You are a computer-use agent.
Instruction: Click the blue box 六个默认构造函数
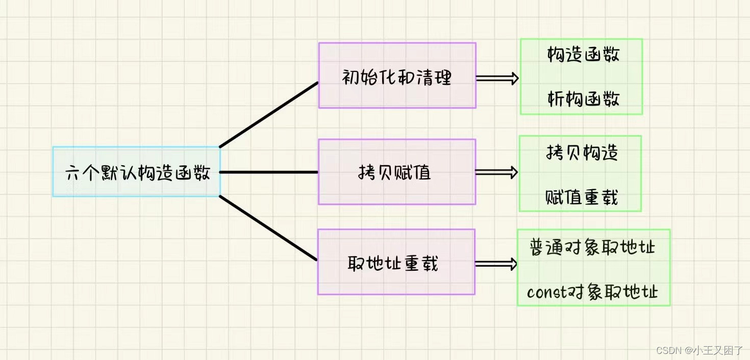click(137, 172)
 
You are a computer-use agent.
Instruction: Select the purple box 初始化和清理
click(397, 75)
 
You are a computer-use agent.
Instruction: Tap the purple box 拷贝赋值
click(396, 172)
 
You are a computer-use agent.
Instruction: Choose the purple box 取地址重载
click(396, 262)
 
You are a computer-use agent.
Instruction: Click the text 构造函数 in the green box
click(583, 55)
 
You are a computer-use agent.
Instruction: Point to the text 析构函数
click(583, 99)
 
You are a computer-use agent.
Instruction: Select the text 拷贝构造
click(582, 152)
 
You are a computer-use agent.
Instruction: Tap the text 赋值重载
click(582, 197)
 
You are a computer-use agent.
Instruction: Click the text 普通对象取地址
click(593, 247)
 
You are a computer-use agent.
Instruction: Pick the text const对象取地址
click(593, 292)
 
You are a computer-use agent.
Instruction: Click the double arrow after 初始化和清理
click(497, 79)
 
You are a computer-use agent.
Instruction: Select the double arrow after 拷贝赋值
click(496, 173)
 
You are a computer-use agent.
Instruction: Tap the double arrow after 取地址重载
click(495, 264)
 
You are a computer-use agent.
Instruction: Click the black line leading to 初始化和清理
click(269, 115)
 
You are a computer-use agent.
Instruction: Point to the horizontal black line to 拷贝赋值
click(269, 172)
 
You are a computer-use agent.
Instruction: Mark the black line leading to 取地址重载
click(269, 228)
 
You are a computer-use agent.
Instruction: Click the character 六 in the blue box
click(71, 173)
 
